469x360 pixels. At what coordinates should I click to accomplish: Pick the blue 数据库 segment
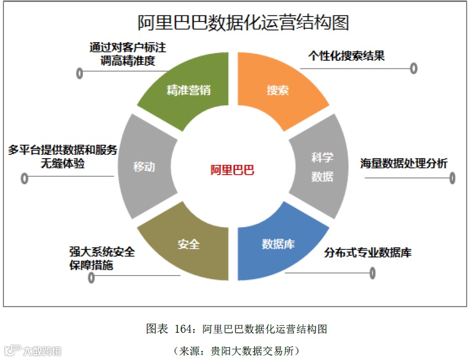pos(278,245)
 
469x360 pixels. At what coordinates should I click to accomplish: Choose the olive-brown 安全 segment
pos(188,245)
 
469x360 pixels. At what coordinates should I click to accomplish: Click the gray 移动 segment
pos(144,167)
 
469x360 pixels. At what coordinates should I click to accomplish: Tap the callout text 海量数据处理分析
pos(404,163)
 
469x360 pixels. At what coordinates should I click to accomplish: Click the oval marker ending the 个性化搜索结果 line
pos(413,68)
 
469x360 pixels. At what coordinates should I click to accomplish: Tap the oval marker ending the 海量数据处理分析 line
pos(452,178)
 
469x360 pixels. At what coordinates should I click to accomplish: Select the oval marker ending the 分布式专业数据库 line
pos(372,273)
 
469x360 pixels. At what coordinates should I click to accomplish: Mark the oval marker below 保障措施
pos(91,277)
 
